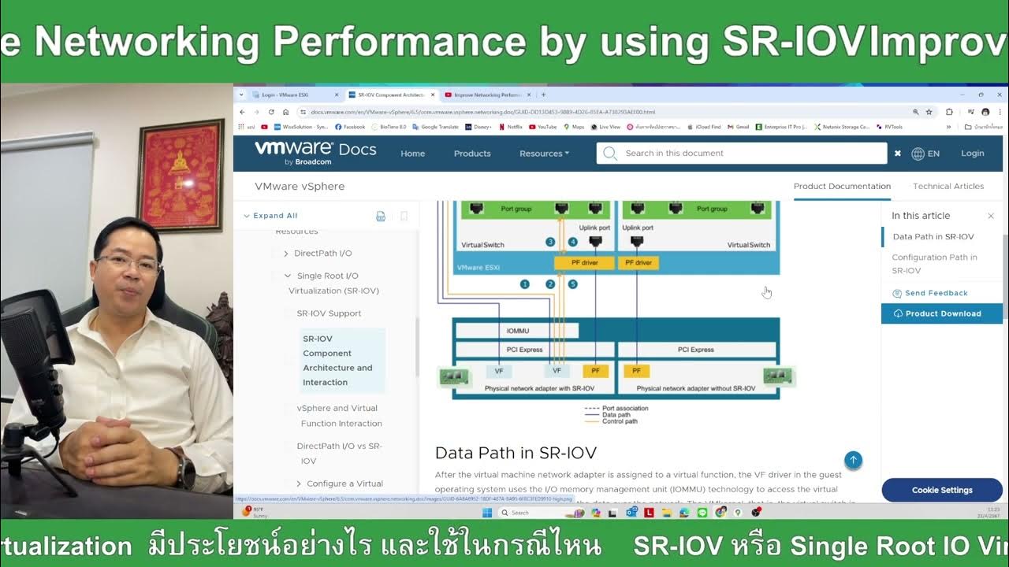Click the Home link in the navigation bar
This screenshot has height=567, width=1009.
[412, 154]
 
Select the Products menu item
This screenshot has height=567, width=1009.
[472, 154]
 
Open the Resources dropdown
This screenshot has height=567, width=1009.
[544, 154]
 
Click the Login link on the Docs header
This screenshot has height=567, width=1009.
[972, 154]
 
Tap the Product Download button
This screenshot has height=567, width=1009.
[942, 313]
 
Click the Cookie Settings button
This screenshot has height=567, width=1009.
[942, 490]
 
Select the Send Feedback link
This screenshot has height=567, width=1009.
[936, 293]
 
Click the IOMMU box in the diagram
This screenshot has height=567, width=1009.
[517, 331]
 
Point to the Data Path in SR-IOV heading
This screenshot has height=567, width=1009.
[516, 453]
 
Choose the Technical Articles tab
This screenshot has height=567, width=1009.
[948, 187]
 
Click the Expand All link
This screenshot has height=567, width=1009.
[275, 216]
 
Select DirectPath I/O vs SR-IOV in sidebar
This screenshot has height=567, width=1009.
[339, 453]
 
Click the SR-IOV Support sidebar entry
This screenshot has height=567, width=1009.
[329, 313]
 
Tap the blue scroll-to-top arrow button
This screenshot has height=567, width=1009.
[853, 460]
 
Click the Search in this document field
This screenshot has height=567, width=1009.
[749, 154]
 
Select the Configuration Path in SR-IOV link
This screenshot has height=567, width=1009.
[934, 264]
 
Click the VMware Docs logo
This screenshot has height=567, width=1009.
[315, 151]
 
